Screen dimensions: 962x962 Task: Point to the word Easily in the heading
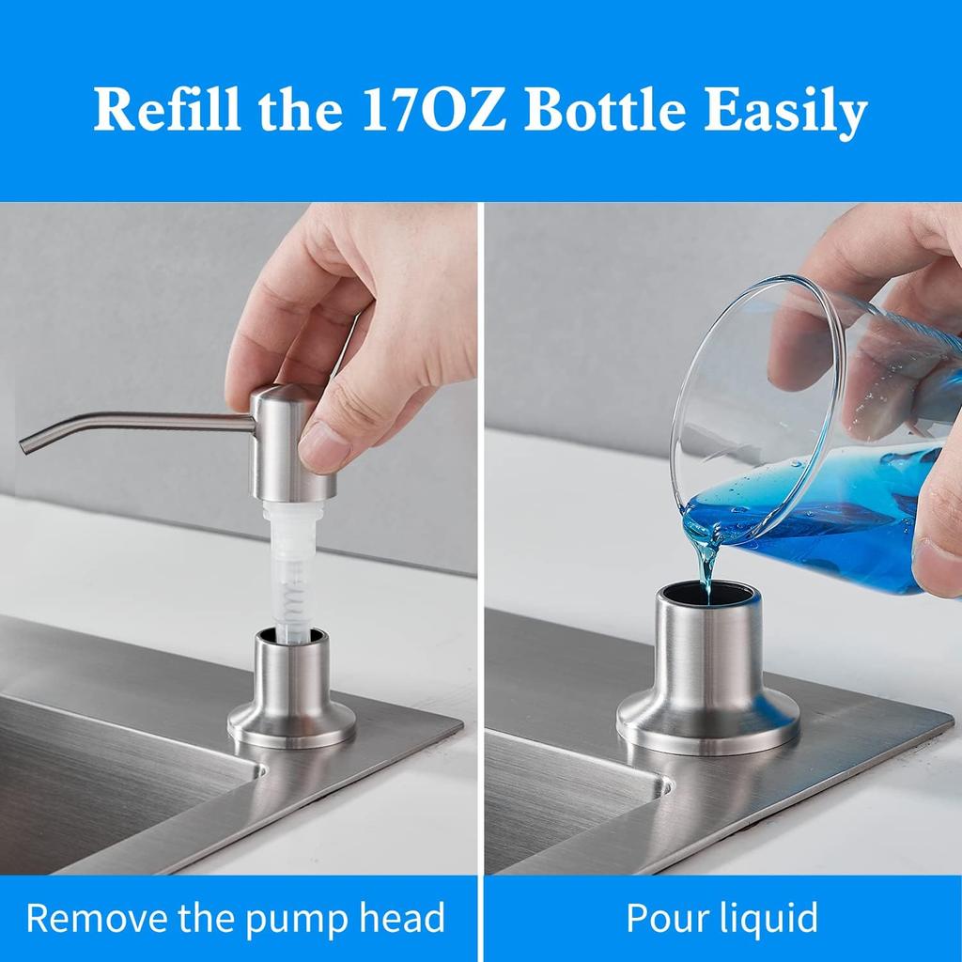coord(799,113)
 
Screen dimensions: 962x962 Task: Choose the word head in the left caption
coord(399,918)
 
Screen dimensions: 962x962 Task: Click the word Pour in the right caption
coord(662,918)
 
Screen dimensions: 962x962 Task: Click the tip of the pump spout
coord(25,443)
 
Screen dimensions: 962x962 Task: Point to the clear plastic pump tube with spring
coord(293,568)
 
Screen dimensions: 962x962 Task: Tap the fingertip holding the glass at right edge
coord(939,554)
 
